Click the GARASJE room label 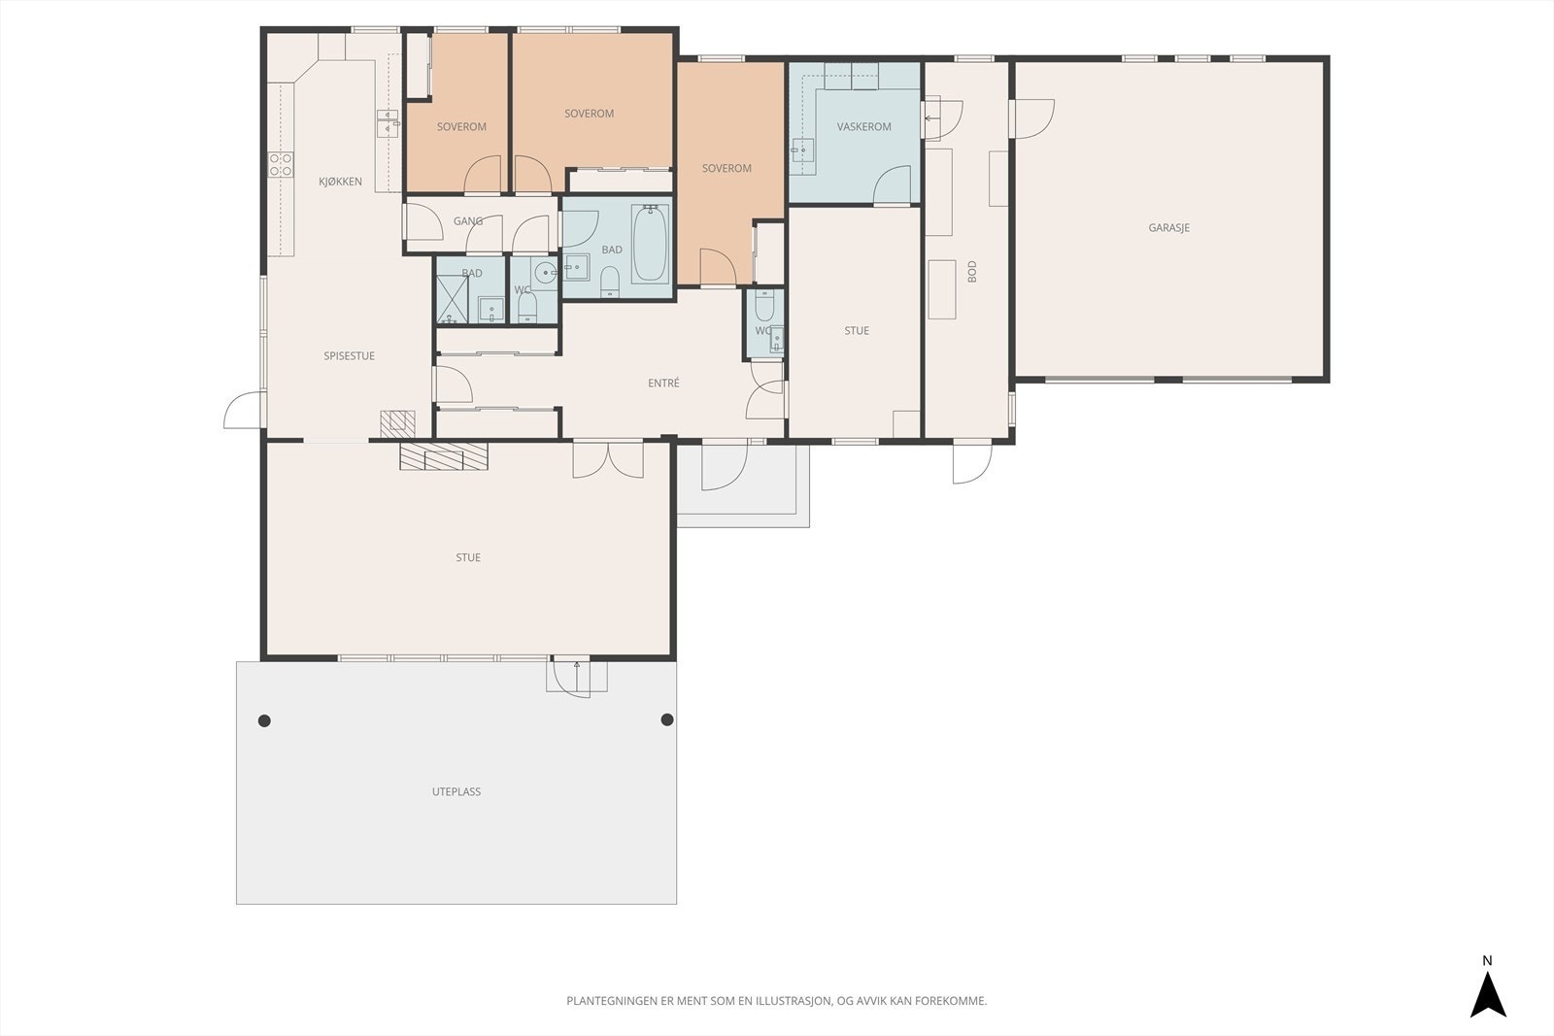[1169, 227]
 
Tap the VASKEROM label [863, 127]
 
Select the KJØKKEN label [340, 182]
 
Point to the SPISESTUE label [349, 355]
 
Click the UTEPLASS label [456, 791]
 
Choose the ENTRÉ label [664, 383]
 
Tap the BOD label [972, 271]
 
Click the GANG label [468, 221]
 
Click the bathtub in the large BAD [650, 243]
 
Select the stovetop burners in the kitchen [281, 165]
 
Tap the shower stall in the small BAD [453, 300]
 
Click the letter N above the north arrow [1487, 961]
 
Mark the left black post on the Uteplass [264, 721]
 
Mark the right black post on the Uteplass [667, 719]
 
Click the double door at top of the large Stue [608, 460]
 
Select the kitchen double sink [388, 122]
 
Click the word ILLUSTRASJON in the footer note [793, 1001]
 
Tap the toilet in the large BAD [610, 282]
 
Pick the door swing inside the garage [1034, 118]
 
